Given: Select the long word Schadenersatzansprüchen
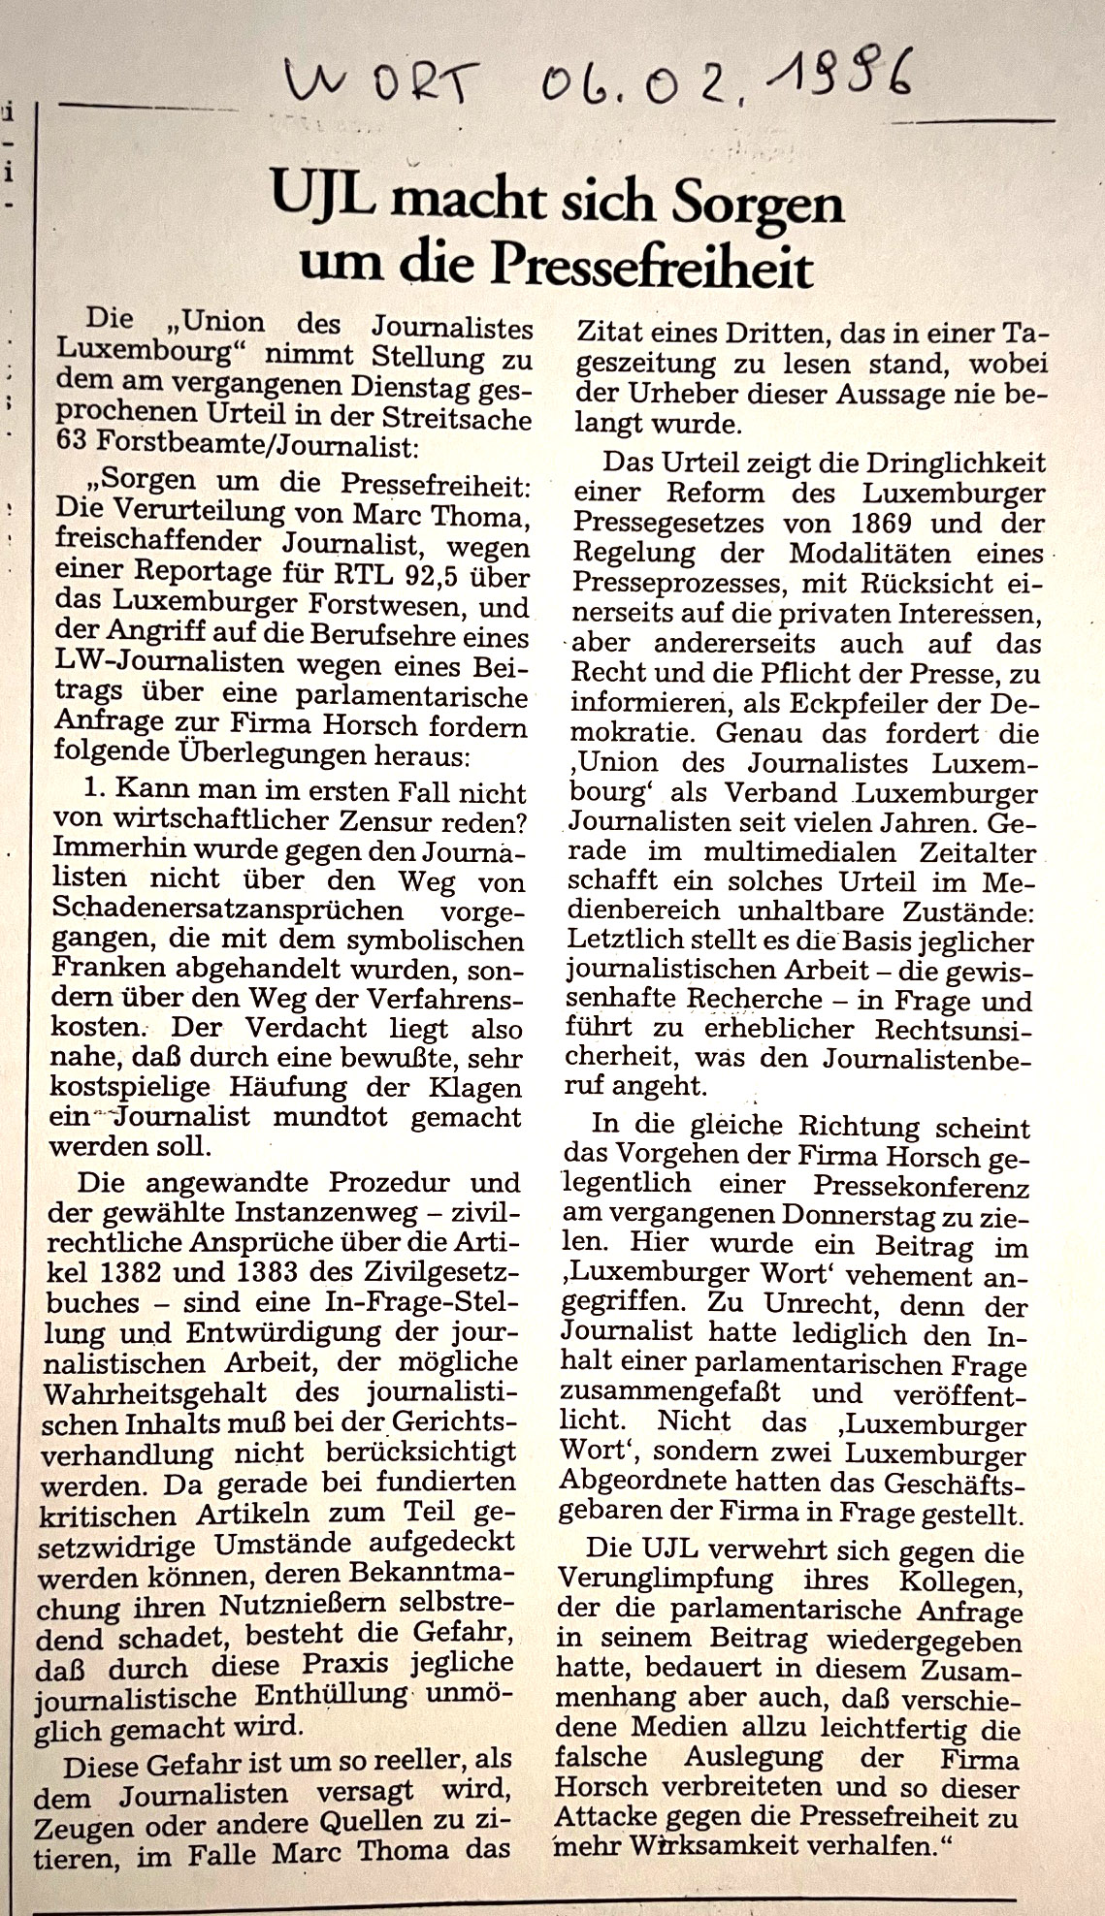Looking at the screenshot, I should click(x=229, y=910).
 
